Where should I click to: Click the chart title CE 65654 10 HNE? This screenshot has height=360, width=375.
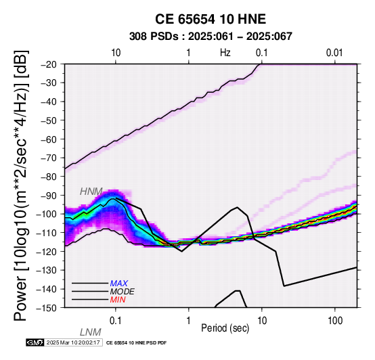tap(211, 19)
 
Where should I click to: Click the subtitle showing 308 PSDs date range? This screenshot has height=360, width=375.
tap(211, 37)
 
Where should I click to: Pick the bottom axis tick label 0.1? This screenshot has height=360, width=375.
tap(115, 321)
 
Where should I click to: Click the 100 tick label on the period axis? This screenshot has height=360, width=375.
tap(335, 321)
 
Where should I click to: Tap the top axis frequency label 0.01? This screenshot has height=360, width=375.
tap(334, 53)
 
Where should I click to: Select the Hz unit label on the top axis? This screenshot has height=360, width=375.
tap(225, 53)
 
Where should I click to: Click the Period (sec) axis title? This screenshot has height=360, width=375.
tap(225, 328)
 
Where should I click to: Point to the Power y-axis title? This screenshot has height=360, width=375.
tap(20, 186)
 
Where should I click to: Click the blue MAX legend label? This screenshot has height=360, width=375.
tap(119, 284)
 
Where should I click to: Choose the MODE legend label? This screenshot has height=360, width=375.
tap(123, 292)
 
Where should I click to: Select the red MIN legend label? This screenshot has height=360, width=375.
tap(118, 300)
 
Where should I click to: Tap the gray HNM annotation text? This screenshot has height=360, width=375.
tap(91, 192)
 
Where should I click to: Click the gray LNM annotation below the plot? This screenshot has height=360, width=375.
tap(91, 332)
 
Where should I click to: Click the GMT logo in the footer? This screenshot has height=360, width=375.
tap(35, 342)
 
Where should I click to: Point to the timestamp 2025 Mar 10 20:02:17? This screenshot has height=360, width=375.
tap(73, 342)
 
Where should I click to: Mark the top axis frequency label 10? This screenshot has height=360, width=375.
tap(116, 53)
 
